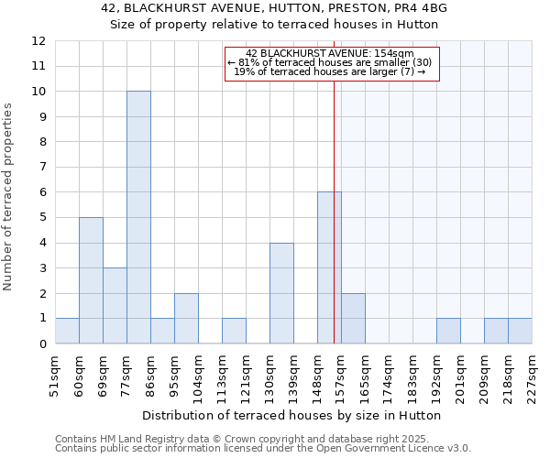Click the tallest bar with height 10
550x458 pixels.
(x=138, y=217)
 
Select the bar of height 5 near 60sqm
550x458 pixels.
(x=91, y=280)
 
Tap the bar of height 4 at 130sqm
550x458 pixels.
(x=281, y=293)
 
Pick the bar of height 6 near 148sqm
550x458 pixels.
(x=329, y=267)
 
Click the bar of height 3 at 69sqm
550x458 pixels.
(x=115, y=306)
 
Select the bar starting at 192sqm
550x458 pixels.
(x=448, y=331)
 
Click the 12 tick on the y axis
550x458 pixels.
(x=38, y=41)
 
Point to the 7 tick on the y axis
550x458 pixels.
(x=41, y=168)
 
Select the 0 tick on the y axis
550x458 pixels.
(x=41, y=344)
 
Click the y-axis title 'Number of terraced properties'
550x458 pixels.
(x=8, y=197)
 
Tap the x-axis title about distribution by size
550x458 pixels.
(x=293, y=415)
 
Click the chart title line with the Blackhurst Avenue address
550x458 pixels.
(x=274, y=9)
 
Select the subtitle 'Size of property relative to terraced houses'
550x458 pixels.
(x=274, y=25)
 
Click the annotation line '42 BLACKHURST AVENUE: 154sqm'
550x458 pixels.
(x=330, y=54)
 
